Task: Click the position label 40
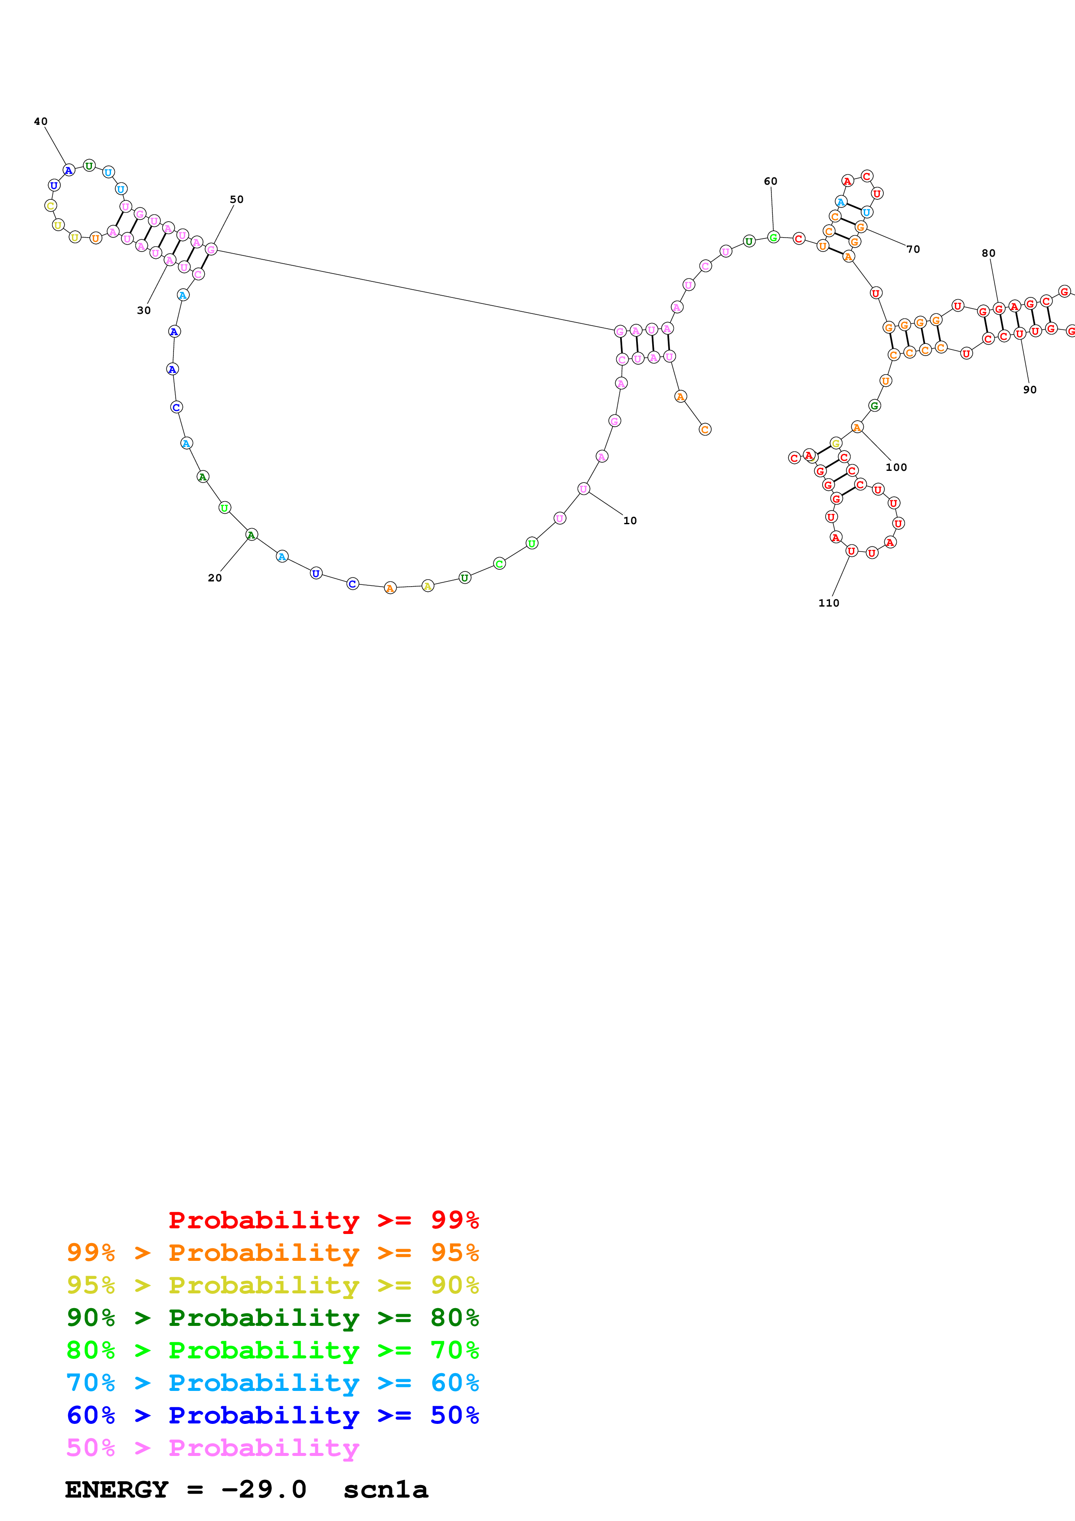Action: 40,121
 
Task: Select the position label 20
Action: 215,578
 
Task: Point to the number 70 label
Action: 913,249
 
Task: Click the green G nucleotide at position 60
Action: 773,237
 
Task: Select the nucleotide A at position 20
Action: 251,535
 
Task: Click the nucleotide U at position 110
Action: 852,551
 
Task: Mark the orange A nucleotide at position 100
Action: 857,427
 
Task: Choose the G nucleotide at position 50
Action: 211,249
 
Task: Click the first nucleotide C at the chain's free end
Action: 705,429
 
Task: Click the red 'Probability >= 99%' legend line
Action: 323,1220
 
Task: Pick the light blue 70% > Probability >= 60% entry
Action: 272,1383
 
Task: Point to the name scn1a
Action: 386,1489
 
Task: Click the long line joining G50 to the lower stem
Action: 414,290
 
